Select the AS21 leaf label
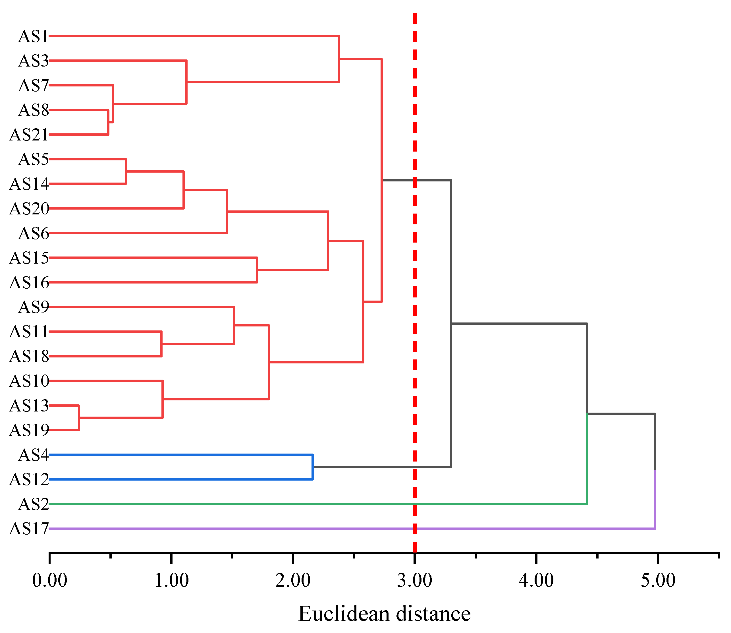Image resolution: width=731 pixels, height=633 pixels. tap(29, 135)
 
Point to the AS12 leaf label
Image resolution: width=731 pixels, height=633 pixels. tap(29, 480)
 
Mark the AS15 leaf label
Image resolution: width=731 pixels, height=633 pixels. tap(29, 258)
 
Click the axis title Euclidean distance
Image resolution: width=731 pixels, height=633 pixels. tap(384, 614)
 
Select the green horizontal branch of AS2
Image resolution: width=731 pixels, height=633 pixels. tap(247, 504)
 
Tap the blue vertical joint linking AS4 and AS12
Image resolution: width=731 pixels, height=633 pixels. tap(313, 467)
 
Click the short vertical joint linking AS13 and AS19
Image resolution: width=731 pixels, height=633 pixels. tap(79, 418)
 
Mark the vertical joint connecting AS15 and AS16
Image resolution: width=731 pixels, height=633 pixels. tap(257, 270)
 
